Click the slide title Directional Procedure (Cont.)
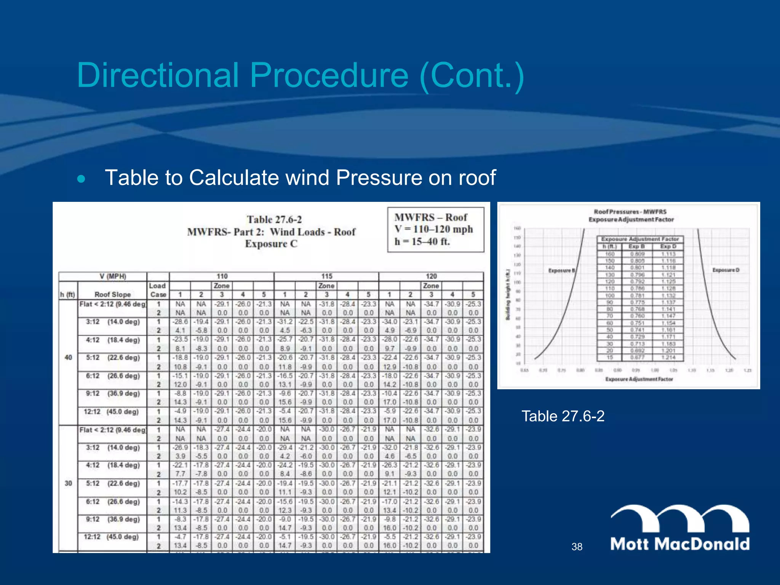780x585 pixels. [300, 75]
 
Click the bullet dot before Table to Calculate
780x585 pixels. [81, 178]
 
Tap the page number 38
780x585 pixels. [577, 547]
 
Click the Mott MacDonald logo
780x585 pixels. [680, 527]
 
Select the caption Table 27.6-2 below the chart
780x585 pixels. [563, 416]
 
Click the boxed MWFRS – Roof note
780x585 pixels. [435, 229]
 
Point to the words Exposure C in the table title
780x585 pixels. [271, 244]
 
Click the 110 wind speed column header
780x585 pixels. [222, 277]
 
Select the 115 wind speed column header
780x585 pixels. [326, 277]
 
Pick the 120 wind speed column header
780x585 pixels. [431, 277]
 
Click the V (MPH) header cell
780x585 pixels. [113, 277]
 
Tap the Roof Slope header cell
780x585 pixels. [112, 294]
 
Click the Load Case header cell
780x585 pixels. [158, 290]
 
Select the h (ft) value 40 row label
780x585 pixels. [68, 358]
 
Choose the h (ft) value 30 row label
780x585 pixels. [68, 483]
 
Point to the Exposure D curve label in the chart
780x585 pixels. [726, 270]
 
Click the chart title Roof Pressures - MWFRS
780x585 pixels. [630, 212]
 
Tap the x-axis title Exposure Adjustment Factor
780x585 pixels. [639, 379]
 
